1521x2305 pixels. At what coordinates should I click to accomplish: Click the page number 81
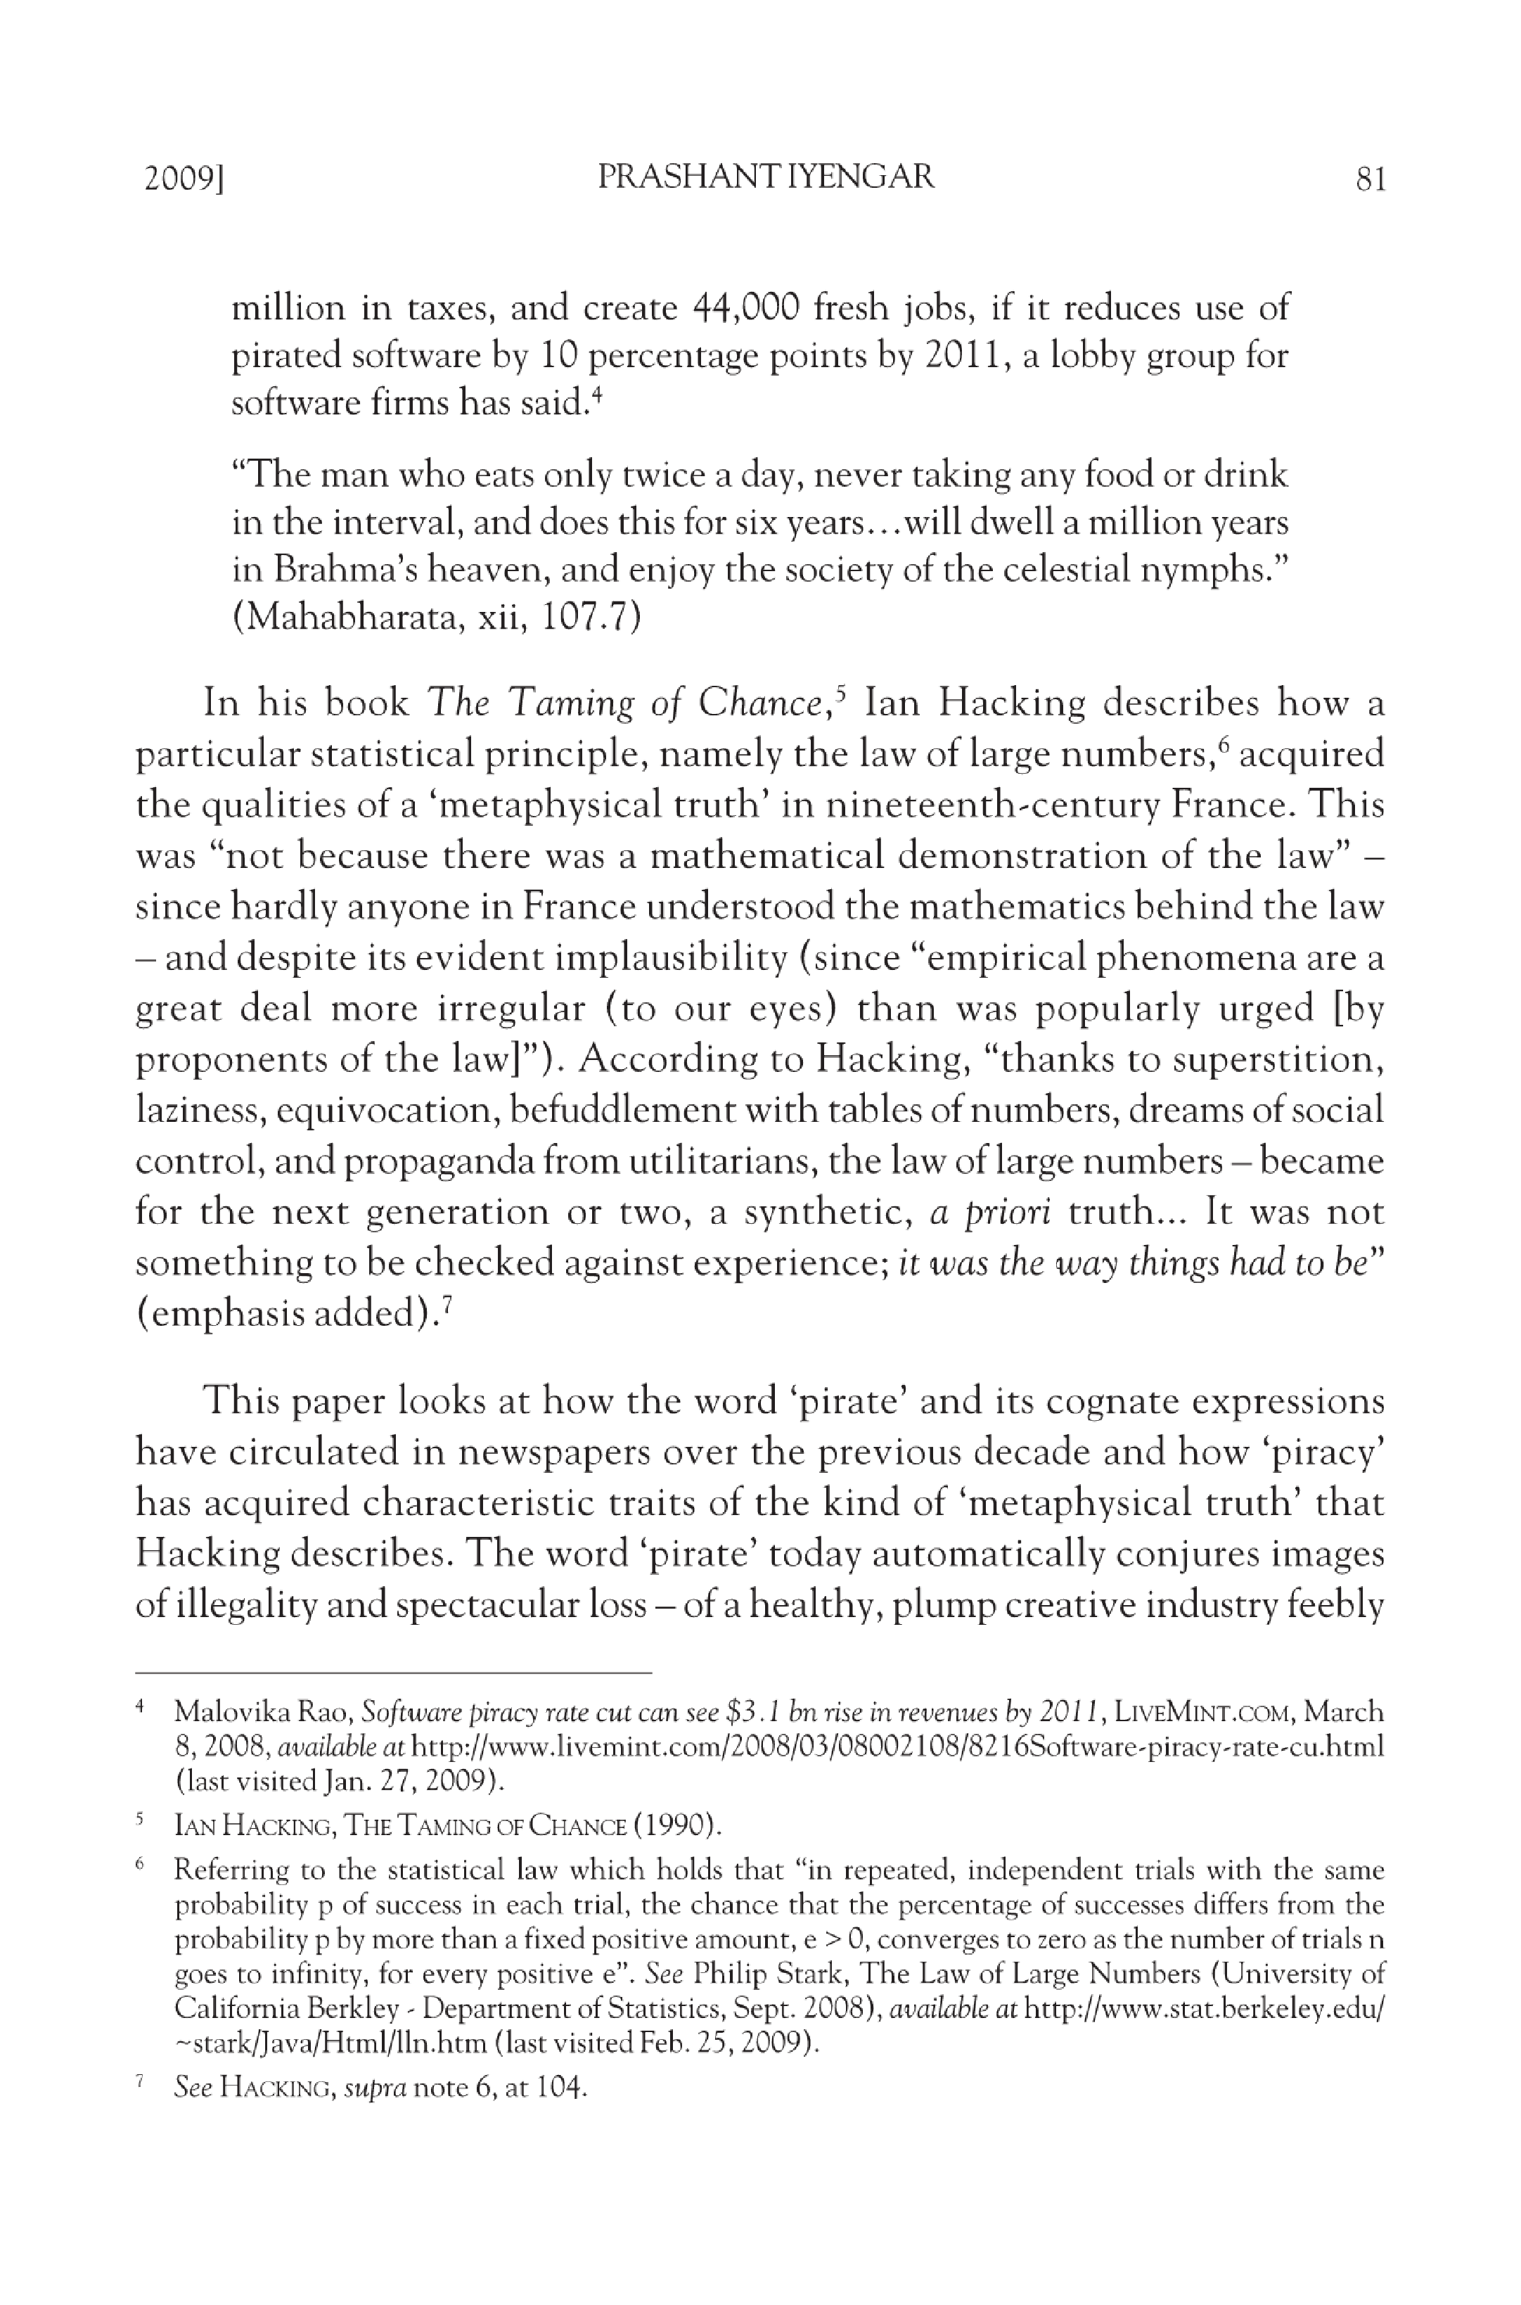tap(1371, 179)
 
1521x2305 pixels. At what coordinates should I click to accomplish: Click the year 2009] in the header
tap(184, 179)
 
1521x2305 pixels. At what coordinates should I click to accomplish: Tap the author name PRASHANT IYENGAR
tap(766, 177)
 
